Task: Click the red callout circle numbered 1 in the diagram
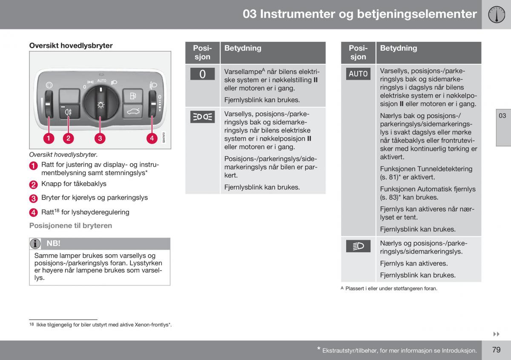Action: pyautogui.click(x=49, y=138)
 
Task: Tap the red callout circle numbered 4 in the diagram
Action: pyautogui.click(x=152, y=138)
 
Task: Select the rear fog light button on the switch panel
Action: pyautogui.click(x=69, y=112)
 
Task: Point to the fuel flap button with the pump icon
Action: pyautogui.click(x=133, y=96)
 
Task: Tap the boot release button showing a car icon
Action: pyautogui.click(x=133, y=111)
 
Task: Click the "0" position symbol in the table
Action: pyautogui.click(x=202, y=74)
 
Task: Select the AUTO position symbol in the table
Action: pyautogui.click(x=358, y=74)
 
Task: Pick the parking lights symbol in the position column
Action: pyautogui.click(x=202, y=117)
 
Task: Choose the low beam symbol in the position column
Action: pyautogui.click(x=358, y=246)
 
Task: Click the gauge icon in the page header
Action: pyautogui.click(x=497, y=14)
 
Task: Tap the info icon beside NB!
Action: pyautogui.click(x=35, y=244)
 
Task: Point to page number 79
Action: pyautogui.click(x=497, y=350)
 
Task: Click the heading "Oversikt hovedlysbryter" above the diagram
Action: pyautogui.click(x=71, y=46)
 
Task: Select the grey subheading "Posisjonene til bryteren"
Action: pyautogui.click(x=71, y=225)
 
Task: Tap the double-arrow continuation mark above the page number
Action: pyautogui.click(x=497, y=334)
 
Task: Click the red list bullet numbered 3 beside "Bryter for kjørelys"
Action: pyautogui.click(x=33, y=199)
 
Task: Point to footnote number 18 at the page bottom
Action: pyautogui.click(x=32, y=324)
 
